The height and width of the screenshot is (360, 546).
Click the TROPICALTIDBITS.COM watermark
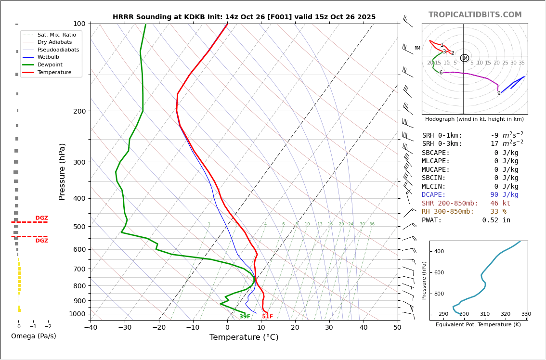pyautogui.click(x=475, y=15)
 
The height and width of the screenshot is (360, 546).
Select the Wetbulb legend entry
pyautogui.click(x=48, y=57)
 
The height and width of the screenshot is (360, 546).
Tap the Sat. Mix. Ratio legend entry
pyautogui.click(x=56, y=35)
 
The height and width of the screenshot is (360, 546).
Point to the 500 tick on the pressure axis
pyautogui.click(x=79, y=227)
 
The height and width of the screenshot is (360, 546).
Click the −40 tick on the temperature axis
pyautogui.click(x=91, y=328)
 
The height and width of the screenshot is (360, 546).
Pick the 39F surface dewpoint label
pyautogui.click(x=245, y=317)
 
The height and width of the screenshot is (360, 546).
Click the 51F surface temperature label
pyautogui.click(x=267, y=317)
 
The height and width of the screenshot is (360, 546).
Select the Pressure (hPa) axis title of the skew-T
pyautogui.click(x=62, y=171)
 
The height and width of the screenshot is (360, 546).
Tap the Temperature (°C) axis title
pyautogui.click(x=244, y=337)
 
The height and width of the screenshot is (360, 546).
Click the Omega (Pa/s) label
pyautogui.click(x=33, y=336)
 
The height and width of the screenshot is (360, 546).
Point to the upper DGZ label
pyautogui.click(x=41, y=218)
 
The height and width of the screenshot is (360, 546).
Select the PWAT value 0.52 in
pyautogui.click(x=496, y=220)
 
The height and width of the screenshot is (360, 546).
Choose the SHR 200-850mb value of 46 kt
pyautogui.click(x=500, y=204)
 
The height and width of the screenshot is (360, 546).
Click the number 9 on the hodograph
pyautogui.click(x=499, y=93)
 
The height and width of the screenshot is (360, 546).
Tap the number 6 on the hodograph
pyautogui.click(x=441, y=73)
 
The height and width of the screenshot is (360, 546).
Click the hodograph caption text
pyautogui.click(x=474, y=119)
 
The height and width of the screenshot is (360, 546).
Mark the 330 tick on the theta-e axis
pyautogui.click(x=526, y=314)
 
